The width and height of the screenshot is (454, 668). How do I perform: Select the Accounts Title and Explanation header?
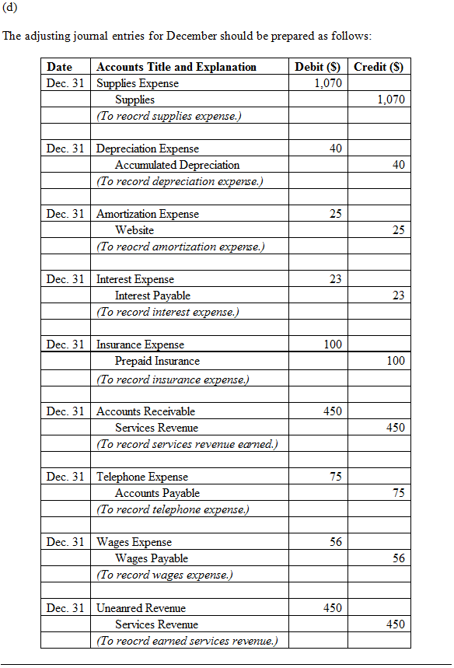(x=176, y=67)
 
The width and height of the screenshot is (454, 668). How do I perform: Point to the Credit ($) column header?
(x=379, y=67)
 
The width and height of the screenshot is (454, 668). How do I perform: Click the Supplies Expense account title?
(x=138, y=83)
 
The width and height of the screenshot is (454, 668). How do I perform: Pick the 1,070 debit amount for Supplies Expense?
(x=328, y=83)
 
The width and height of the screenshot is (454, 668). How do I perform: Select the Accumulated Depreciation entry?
(x=177, y=165)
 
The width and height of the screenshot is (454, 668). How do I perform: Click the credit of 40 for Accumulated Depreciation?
(x=398, y=165)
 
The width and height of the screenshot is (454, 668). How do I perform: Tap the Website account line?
(x=134, y=230)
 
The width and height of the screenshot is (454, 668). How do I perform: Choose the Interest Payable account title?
(x=152, y=296)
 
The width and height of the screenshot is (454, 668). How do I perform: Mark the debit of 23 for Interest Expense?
(x=335, y=279)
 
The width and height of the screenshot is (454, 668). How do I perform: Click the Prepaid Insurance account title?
(x=157, y=361)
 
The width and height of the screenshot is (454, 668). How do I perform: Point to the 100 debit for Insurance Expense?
(x=333, y=344)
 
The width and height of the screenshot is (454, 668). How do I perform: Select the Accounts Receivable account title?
(x=145, y=411)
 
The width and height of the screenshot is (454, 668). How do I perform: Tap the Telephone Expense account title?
(x=142, y=477)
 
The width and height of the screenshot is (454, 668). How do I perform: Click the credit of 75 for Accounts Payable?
(x=398, y=493)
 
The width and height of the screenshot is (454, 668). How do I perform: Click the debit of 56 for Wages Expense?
(x=335, y=542)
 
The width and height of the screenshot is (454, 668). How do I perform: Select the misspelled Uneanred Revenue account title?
(x=141, y=608)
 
